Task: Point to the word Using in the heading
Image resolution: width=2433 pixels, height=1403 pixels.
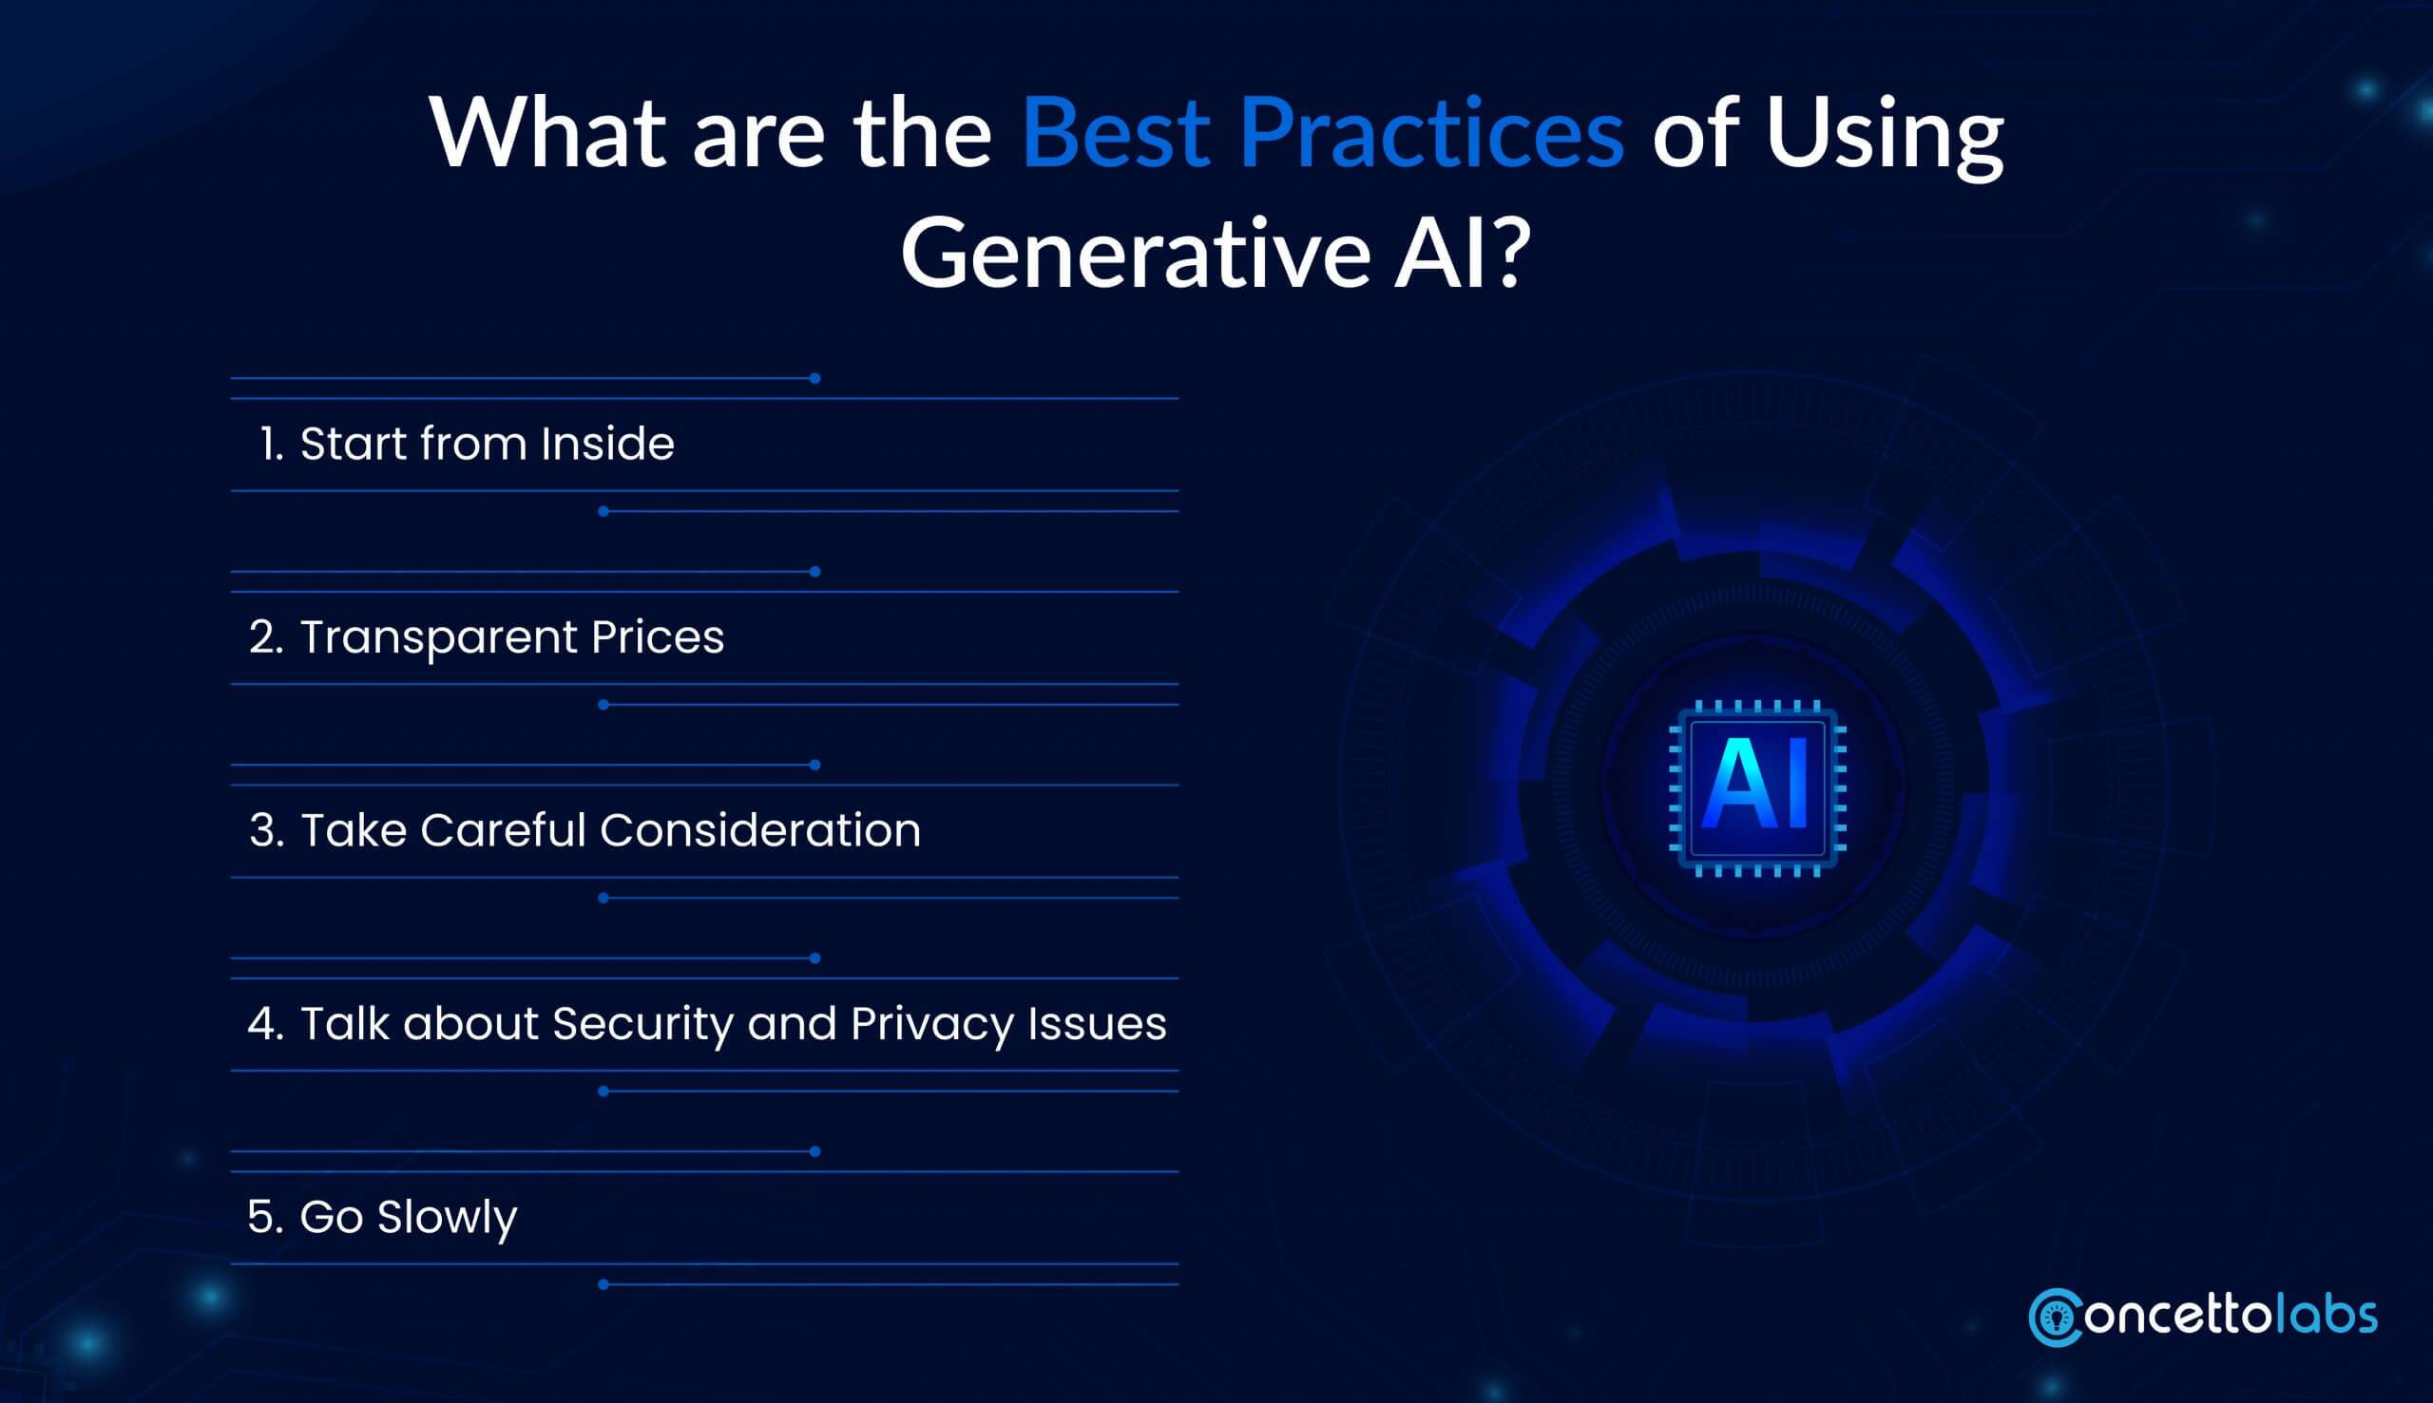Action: tap(1884, 135)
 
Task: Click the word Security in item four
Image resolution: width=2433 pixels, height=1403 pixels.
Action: tap(643, 1024)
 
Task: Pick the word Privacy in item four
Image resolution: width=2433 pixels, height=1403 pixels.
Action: tap(931, 1024)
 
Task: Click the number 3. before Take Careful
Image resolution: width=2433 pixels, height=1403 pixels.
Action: tap(266, 830)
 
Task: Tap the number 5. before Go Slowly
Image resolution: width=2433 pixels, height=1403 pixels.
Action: tap(265, 1217)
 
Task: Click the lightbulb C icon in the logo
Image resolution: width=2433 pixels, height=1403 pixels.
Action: tap(2055, 1318)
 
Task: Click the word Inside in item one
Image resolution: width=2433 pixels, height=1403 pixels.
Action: tap(606, 445)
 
